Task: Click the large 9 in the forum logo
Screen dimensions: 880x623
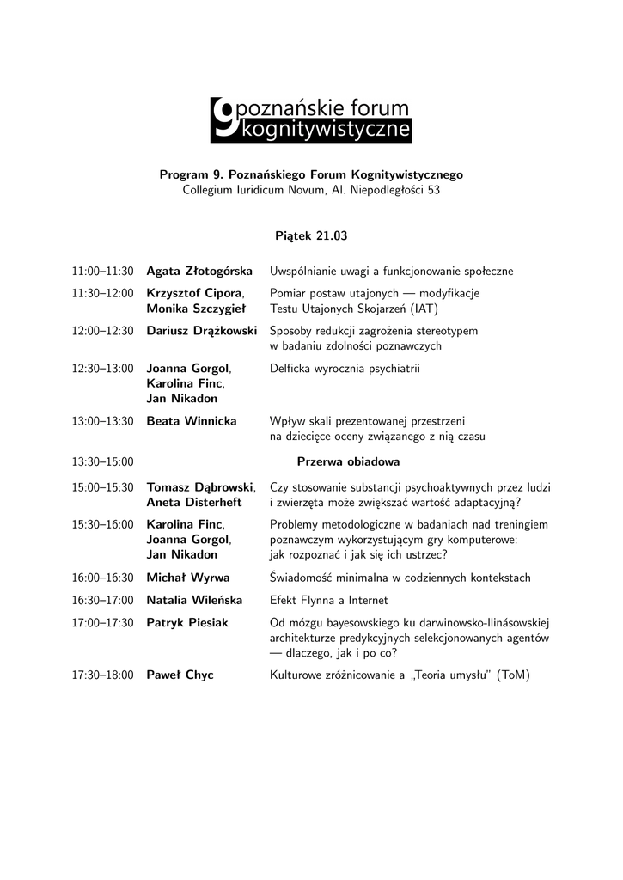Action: click(x=223, y=118)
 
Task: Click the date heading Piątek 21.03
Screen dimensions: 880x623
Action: click(x=311, y=235)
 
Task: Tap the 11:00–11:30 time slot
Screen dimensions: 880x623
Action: click(x=103, y=272)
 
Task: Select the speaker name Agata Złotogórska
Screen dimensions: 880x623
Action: click(x=199, y=272)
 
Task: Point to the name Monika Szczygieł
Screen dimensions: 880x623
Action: click(x=196, y=309)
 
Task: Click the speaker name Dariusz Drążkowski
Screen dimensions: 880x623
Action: click(x=202, y=331)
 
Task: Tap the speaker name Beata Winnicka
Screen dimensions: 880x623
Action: click(x=192, y=421)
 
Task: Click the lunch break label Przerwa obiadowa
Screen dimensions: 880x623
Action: click(x=348, y=461)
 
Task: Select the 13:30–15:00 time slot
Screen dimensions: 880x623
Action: click(x=103, y=461)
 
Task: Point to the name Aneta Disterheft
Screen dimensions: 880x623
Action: click(x=194, y=502)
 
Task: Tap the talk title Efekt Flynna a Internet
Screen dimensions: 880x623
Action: click(x=328, y=600)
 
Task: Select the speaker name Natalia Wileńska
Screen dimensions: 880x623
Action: click(x=194, y=600)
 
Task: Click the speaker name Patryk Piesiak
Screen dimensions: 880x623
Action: click(x=187, y=622)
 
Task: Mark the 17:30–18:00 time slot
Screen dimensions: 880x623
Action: click(x=103, y=675)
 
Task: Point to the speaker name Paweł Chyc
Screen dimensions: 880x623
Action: click(x=180, y=675)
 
